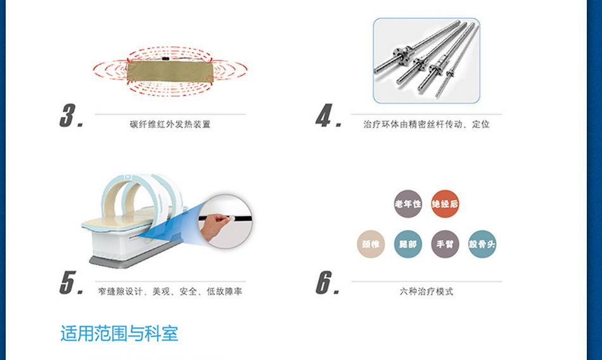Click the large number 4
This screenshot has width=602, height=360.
324,115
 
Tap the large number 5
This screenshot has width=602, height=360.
68,283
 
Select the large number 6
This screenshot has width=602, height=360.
324,283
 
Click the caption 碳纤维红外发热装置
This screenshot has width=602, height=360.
170,124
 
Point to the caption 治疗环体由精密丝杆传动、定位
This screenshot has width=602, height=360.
426,124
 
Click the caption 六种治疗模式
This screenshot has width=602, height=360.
426,292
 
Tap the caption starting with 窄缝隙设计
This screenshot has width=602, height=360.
170,292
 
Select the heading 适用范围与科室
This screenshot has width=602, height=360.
119,333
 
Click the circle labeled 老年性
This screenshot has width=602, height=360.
407,203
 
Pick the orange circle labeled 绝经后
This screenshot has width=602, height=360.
445,203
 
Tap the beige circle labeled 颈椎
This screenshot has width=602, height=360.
371,244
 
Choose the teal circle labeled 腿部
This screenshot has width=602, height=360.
407,244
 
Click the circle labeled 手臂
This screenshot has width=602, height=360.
445,244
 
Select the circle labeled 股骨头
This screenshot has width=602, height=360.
482,244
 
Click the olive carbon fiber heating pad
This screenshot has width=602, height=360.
170,71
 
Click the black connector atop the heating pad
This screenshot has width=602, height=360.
165,59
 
